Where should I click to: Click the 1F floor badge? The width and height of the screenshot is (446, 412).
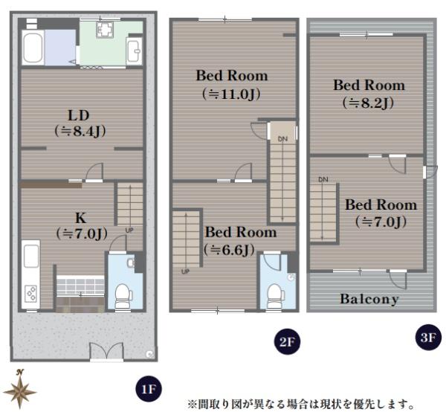point(148,389)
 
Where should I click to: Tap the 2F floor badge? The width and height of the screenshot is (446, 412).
point(286,341)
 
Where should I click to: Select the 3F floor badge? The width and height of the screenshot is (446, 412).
point(428,338)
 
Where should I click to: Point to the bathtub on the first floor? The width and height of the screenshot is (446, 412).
point(33,47)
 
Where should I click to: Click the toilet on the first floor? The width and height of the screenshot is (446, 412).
point(123,296)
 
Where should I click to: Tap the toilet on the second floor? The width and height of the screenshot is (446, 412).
point(274,296)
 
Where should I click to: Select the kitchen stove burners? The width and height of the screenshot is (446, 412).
point(30,293)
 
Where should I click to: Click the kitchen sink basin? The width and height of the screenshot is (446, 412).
point(31,257)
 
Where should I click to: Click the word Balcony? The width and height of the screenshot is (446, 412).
point(369,299)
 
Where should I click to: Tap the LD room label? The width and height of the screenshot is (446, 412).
point(79,115)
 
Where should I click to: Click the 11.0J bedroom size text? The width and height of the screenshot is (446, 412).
point(231,94)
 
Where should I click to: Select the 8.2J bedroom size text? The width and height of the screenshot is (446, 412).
point(368,103)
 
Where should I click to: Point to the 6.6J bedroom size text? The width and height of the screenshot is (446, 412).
point(229,250)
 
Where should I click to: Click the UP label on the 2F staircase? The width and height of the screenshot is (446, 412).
point(185,271)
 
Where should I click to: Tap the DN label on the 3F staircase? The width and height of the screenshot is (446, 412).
point(323,179)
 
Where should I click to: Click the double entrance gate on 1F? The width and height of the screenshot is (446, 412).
point(106,352)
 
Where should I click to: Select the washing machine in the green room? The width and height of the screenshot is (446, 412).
point(105,30)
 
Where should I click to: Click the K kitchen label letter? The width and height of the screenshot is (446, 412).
point(81,218)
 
